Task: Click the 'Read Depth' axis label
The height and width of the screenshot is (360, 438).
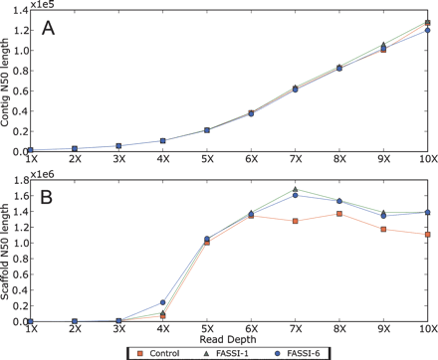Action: (x=229, y=169)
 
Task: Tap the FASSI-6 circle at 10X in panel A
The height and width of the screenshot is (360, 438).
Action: (x=428, y=30)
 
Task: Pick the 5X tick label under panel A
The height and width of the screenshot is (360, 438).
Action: (x=207, y=158)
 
